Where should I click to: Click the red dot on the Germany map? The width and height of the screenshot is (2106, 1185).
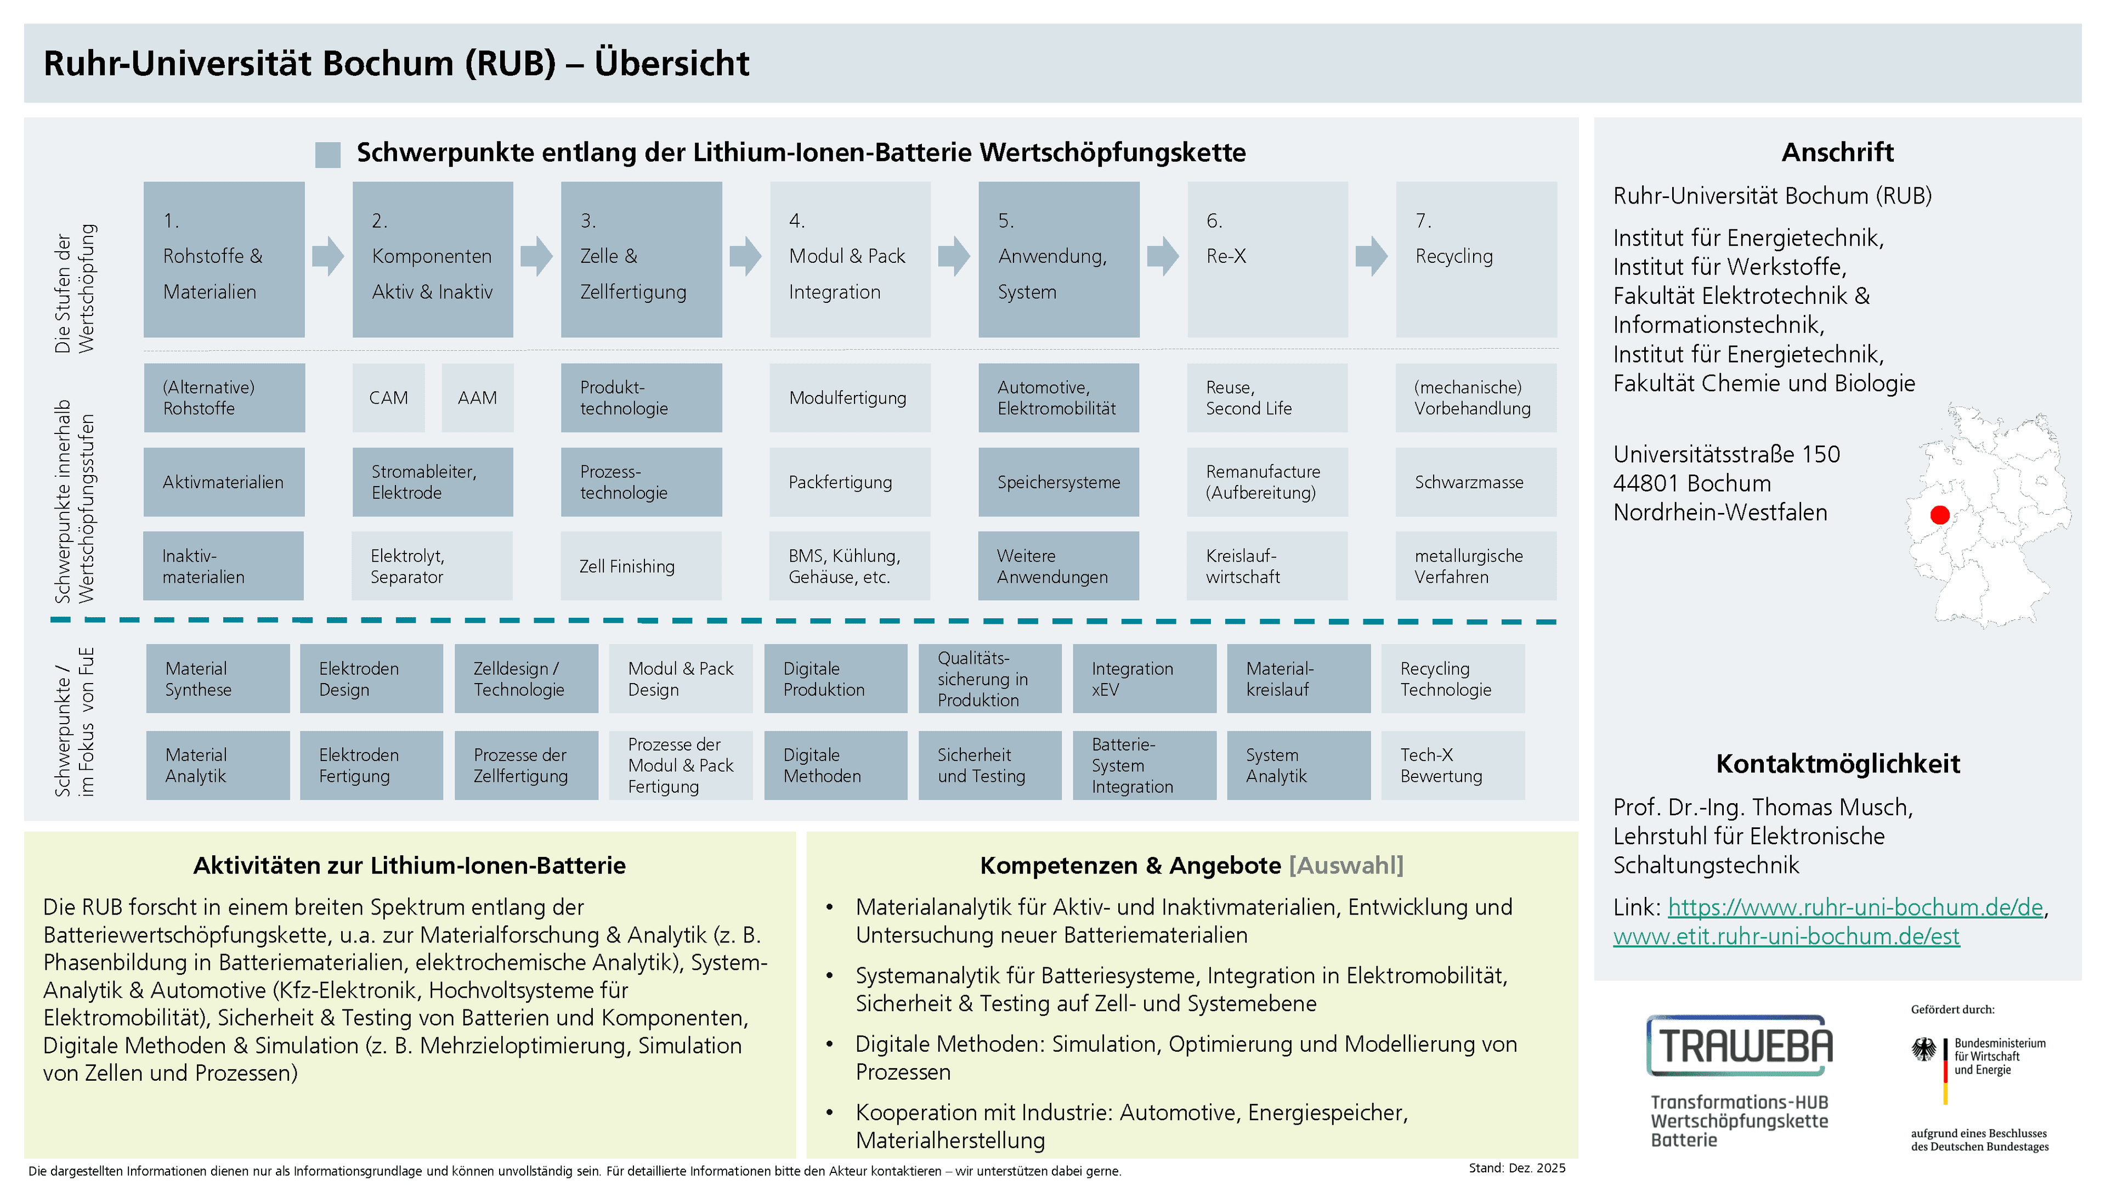[1939, 515]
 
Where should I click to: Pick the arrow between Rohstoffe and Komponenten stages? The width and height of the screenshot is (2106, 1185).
[328, 256]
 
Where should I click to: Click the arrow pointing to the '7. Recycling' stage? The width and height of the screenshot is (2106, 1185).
[1371, 256]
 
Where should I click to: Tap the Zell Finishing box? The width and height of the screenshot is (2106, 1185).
[641, 566]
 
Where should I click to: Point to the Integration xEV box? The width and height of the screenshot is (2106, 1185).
[1143, 679]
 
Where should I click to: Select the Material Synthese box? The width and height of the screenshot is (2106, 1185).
[218, 679]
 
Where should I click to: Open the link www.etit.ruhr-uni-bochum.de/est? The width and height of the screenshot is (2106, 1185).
[1786, 936]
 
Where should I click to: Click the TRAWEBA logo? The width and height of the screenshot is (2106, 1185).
[1739, 1046]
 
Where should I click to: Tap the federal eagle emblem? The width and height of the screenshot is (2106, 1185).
[1924, 1049]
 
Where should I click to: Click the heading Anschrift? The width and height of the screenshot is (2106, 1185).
[1837, 152]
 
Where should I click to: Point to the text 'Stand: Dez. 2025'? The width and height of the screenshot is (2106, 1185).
[1516, 1168]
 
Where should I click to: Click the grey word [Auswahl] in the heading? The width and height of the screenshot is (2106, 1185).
[1346, 865]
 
